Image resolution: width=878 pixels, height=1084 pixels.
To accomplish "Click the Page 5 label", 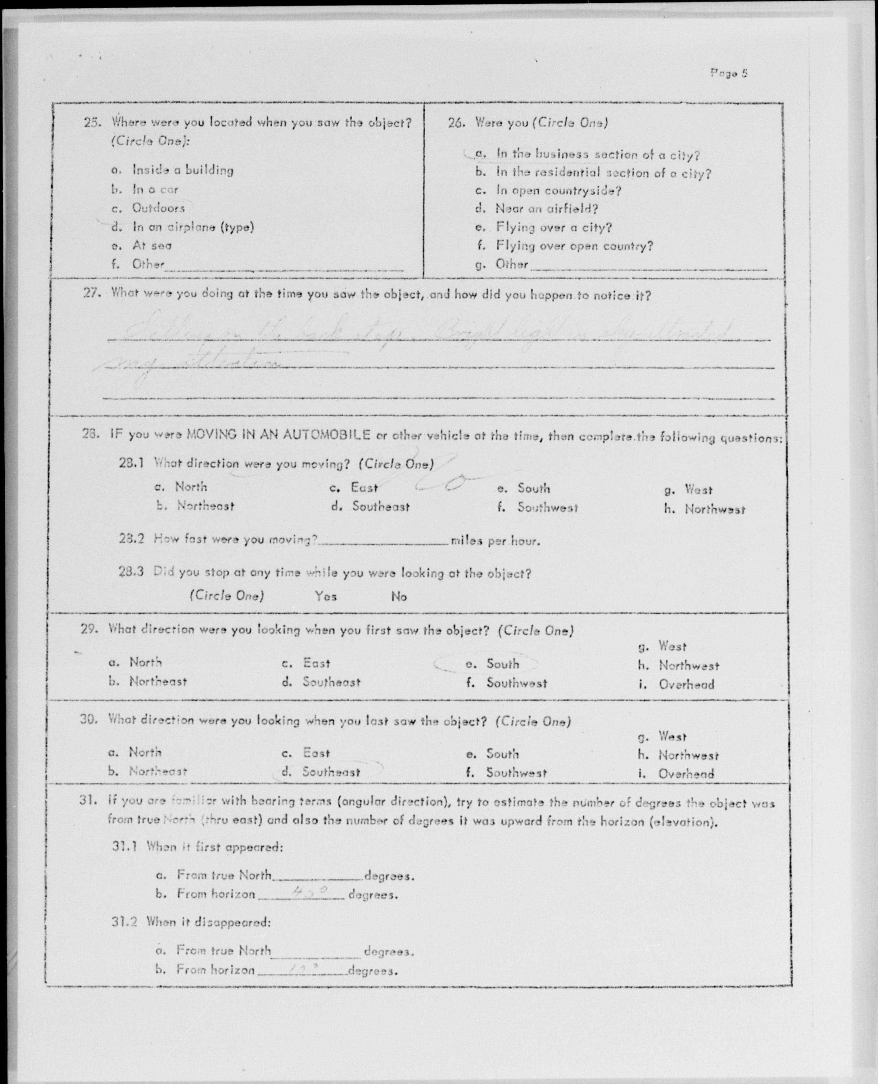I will (x=729, y=73).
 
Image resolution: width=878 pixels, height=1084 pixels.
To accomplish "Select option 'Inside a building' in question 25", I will (x=183, y=170).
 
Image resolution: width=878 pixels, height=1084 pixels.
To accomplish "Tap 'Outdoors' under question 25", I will (x=158, y=208).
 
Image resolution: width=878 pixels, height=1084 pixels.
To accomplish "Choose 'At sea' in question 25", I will (x=152, y=246).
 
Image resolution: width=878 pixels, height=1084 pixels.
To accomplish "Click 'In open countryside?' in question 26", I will (x=558, y=191).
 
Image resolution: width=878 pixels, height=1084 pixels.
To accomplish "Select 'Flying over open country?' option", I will (x=574, y=246).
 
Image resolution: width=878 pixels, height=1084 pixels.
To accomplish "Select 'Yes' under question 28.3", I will (x=326, y=596).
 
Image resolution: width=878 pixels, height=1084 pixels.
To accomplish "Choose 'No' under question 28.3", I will (x=399, y=597).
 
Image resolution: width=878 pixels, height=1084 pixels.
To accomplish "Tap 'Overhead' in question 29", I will (x=686, y=685).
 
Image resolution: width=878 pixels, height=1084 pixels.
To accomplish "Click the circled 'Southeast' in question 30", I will (x=331, y=772).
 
